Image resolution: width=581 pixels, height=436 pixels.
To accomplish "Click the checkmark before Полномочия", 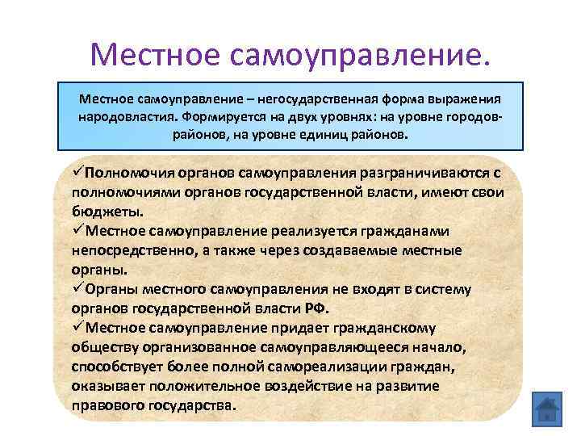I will [77, 172].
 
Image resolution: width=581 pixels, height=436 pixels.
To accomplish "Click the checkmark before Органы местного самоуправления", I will [77, 288].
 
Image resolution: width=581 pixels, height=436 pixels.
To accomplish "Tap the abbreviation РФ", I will [317, 308].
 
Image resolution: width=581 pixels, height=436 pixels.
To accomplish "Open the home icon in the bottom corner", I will [546, 409].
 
